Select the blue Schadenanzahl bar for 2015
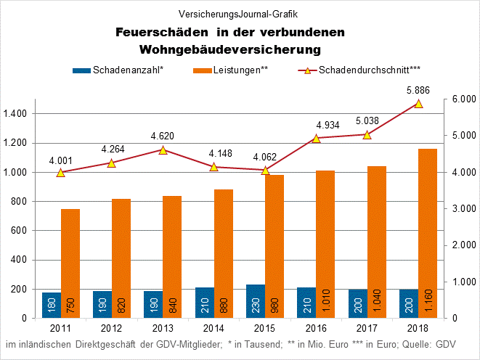point(256,301)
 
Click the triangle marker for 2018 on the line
point(418,103)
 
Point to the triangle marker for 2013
point(163,150)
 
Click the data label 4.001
point(61,160)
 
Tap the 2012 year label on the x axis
point(112,329)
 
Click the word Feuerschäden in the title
point(158,33)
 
